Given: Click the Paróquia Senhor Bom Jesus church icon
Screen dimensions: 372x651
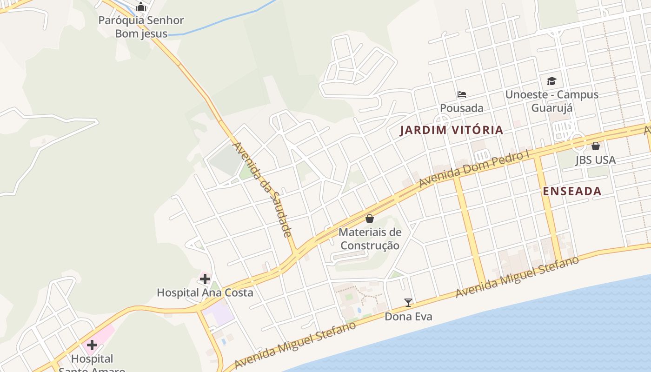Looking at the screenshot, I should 141,7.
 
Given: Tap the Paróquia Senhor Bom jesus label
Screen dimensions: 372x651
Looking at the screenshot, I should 141,27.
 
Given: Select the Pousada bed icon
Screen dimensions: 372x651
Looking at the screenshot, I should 462,94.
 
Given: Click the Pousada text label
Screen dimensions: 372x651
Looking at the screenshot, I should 462,108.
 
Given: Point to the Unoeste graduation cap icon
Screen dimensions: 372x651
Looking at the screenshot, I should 552,81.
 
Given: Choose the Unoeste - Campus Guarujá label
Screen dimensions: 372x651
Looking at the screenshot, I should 552,101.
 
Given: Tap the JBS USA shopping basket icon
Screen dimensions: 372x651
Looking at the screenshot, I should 596,146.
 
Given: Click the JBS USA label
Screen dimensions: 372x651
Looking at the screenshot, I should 596,160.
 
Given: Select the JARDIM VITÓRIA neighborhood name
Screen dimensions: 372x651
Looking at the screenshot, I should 452,130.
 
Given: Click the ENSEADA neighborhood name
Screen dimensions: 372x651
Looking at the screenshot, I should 572,191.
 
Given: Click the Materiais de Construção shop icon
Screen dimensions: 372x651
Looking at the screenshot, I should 370,218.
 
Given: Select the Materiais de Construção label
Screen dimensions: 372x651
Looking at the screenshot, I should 370,239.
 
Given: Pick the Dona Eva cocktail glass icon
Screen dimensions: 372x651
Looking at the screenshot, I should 408,303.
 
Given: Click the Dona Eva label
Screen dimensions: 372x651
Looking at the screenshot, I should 408,317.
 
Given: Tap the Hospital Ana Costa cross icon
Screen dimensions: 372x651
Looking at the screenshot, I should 205,279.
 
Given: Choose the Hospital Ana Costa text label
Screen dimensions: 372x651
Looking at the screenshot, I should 205,293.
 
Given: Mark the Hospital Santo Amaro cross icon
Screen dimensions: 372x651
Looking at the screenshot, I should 92,345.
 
